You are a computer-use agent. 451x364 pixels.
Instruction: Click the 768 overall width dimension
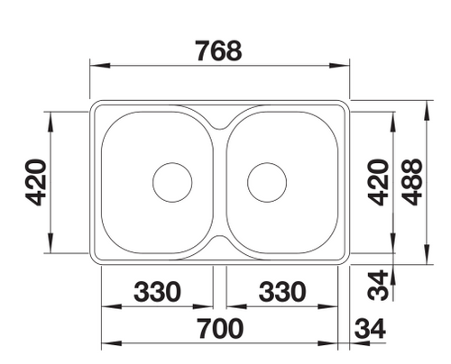218,50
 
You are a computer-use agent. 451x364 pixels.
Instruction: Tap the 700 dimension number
220,328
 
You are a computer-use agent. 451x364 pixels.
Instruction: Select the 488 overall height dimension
412,182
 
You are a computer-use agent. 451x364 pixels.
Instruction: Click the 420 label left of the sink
36,183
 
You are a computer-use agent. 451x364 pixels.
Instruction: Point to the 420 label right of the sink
378,183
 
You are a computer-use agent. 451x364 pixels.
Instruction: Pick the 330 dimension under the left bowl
157,292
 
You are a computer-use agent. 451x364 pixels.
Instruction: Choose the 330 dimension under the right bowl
282,292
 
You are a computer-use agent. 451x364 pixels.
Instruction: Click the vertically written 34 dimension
378,286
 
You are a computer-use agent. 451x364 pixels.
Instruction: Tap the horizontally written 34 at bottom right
370,329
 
